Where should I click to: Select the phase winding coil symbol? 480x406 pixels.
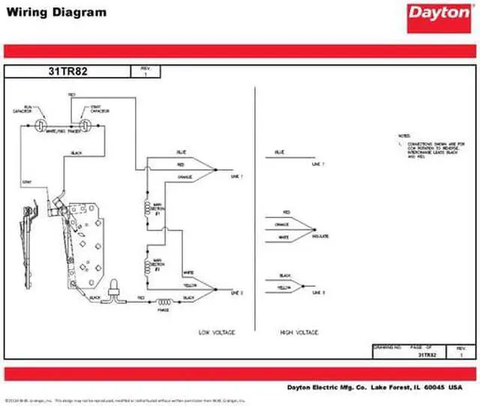tap(163, 302)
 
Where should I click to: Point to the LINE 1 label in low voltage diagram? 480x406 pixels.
tap(238, 175)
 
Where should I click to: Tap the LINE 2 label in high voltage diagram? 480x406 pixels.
tap(318, 291)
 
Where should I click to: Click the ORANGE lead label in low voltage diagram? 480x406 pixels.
tap(185, 177)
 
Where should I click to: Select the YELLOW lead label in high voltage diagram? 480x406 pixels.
tap(285, 287)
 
